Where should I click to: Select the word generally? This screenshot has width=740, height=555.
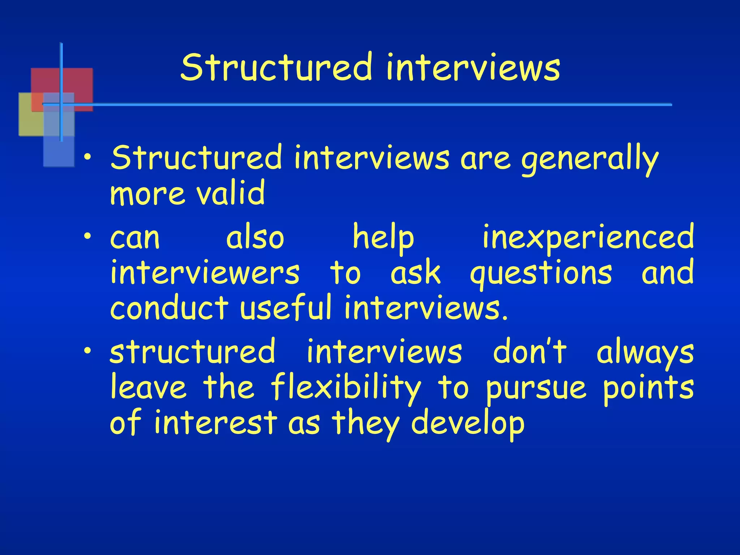[x=590, y=159]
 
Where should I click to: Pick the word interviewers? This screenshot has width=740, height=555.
[x=205, y=273]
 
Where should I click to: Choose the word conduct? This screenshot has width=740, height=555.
[x=169, y=308]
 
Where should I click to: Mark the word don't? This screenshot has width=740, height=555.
[x=530, y=351]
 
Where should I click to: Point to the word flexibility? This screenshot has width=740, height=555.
[x=346, y=387]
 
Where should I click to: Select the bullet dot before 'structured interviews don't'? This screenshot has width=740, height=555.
[x=87, y=350]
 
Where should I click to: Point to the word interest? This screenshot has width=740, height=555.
[x=216, y=423]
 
